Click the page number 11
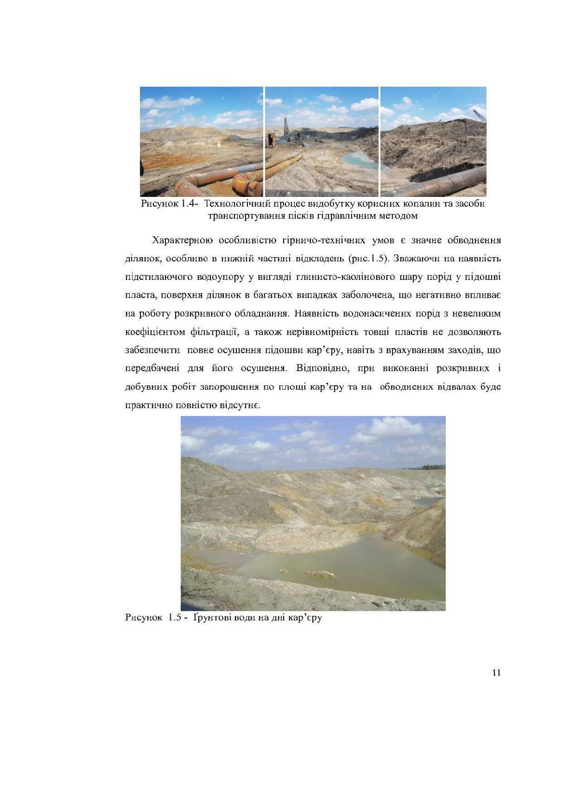click(496, 673)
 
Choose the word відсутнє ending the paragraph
click(242, 405)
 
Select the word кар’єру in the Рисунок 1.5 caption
click(305, 618)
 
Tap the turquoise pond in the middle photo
click(359, 159)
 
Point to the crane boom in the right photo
click(479, 116)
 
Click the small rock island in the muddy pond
click(319, 574)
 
